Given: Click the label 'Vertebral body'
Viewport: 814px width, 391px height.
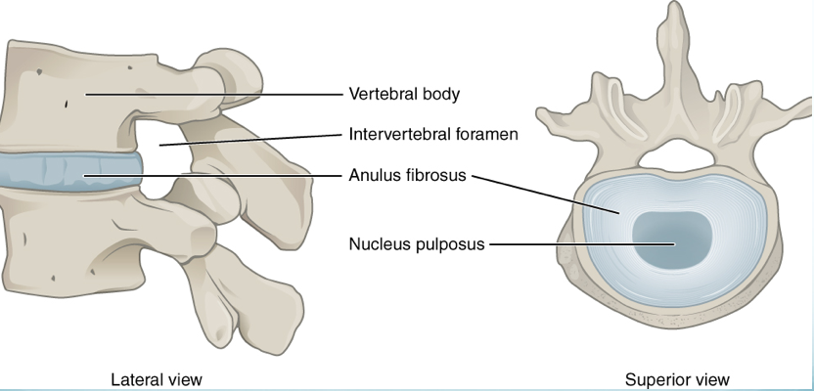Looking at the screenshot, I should (x=404, y=95).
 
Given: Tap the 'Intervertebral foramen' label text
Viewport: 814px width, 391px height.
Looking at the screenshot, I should (x=433, y=134).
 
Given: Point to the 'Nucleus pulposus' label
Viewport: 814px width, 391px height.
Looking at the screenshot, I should (x=417, y=243).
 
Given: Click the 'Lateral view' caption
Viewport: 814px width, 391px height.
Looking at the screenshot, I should (x=157, y=378).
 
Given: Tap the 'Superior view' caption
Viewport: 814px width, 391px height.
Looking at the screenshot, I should (x=677, y=378).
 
